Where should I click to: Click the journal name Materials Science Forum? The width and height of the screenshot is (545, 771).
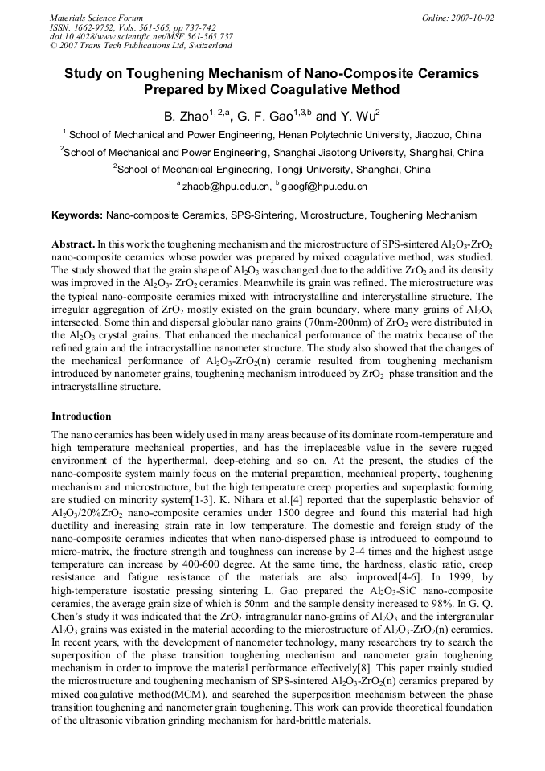tap(96, 18)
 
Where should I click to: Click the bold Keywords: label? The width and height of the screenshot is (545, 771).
tap(77, 215)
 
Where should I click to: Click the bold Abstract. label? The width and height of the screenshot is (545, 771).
tap(73, 244)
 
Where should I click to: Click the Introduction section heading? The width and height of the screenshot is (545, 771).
tap(81, 416)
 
